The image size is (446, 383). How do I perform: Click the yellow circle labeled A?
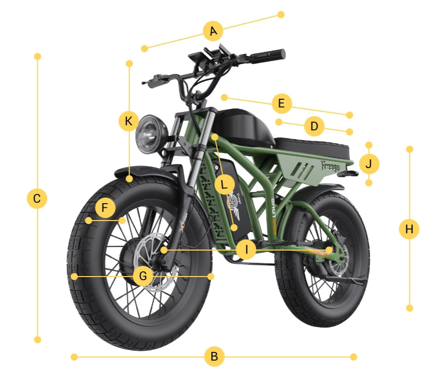coord(213,32)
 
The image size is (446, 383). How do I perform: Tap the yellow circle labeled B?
coord(214,357)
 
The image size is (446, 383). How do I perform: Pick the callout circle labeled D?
coord(314,126)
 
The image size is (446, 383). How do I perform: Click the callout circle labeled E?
coord(281,104)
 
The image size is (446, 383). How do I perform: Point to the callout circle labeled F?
coord(105,208)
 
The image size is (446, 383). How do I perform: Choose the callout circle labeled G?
coord(143,276)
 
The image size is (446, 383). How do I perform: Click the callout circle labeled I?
coord(247,250)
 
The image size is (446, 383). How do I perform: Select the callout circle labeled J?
coord(369,164)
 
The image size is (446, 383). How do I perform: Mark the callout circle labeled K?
coord(129,121)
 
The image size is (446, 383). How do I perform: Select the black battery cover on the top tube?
coord(242,125)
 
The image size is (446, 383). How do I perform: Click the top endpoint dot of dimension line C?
coord(37,56)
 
